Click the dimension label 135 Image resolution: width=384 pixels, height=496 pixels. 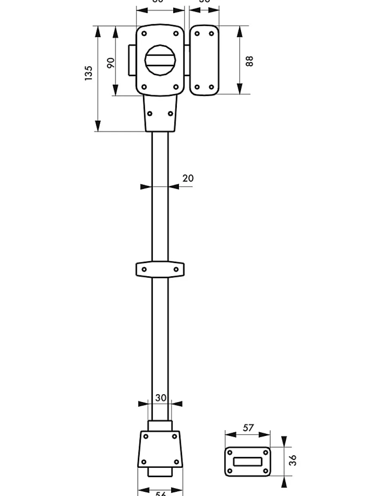(x=89, y=73)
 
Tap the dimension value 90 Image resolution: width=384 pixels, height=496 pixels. (x=111, y=62)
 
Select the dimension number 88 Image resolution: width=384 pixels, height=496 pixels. (x=250, y=61)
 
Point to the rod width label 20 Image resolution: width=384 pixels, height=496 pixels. (x=188, y=178)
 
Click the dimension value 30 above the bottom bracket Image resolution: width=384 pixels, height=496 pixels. (x=161, y=398)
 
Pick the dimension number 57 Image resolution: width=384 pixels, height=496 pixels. (x=248, y=428)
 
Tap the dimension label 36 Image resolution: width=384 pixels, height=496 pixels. (x=292, y=460)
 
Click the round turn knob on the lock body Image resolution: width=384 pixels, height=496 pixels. (x=160, y=60)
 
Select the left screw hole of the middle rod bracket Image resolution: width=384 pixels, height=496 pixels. (x=144, y=269)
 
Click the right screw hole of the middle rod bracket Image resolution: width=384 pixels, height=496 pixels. (x=176, y=269)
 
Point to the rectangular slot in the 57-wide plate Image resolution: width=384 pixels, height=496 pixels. (x=248, y=462)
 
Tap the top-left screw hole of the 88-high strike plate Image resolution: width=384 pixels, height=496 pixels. (x=197, y=34)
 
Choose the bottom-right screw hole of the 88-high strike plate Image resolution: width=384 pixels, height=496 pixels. (x=211, y=87)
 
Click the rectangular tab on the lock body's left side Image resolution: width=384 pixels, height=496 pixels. (x=132, y=60)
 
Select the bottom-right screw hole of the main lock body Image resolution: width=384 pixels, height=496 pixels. (x=176, y=87)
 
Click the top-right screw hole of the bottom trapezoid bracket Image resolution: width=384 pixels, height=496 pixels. (x=174, y=437)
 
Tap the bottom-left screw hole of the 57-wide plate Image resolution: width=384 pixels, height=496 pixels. (x=230, y=471)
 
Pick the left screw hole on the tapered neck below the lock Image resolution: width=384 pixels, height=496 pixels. (x=150, y=114)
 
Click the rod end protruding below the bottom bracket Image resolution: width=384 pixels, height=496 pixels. (x=160, y=472)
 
